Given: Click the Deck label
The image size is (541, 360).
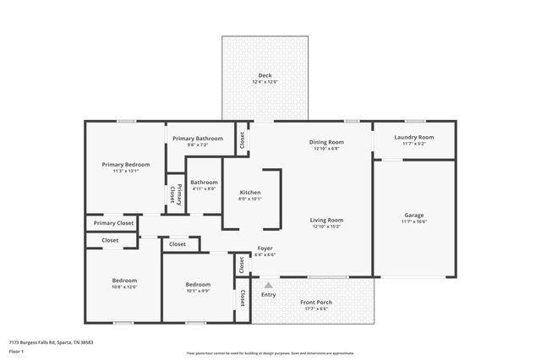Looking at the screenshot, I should click(265, 75).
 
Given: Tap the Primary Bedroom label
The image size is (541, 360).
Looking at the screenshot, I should click(126, 164).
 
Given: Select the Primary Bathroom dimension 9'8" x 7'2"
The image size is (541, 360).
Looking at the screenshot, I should click(198, 145).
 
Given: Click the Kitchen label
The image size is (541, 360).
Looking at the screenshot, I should click(250, 192).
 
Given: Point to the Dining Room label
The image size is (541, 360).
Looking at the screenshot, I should click(326, 142).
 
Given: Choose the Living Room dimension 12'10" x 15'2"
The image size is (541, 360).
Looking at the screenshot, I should click(326, 226).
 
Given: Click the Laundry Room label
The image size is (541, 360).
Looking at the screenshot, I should click(414, 137).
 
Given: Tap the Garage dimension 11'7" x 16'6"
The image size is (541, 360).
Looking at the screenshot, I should click(414, 221).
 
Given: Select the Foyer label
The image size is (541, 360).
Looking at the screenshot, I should click(265, 248).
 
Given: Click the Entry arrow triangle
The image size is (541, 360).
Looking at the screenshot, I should click(269, 286).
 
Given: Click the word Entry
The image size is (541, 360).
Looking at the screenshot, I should click(269, 294).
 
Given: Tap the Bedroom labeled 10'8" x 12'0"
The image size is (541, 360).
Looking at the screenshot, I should click(124, 281).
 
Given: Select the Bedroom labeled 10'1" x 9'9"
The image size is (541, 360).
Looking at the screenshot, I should click(198, 285).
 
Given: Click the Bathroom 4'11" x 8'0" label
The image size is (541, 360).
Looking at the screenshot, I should click(204, 183).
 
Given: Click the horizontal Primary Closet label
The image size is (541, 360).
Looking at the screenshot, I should click(113, 223).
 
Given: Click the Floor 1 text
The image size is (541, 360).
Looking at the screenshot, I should click(17, 350).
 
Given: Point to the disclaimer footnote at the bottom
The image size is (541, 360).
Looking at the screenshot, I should click(270, 352).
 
